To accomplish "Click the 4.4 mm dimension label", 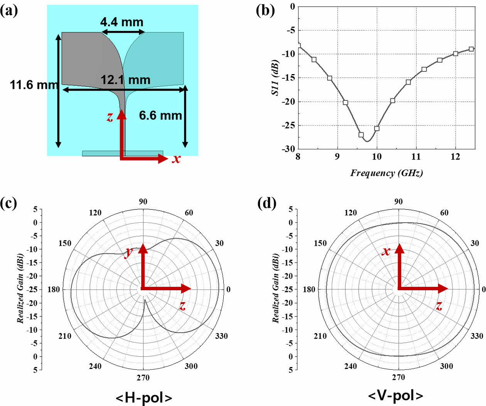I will (x=121, y=22).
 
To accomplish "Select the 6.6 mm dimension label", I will (x=160, y=115).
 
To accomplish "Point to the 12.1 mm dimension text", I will (x=125, y=80).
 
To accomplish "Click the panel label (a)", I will (x=9, y=10).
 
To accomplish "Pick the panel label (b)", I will (x=265, y=10).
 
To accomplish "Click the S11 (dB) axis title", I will (x=275, y=78).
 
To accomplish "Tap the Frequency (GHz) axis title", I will (x=386, y=173).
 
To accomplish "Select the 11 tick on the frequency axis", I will (x=416, y=157).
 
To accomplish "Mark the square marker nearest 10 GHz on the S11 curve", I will (x=377, y=129).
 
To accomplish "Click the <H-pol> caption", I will (x=144, y=398).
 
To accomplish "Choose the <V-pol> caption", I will (x=395, y=396).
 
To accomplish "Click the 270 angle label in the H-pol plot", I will (x=143, y=377).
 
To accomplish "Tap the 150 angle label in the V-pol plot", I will (x=320, y=243).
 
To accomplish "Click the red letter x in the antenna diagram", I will (x=176, y=158).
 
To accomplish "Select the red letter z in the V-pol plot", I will (x=439, y=306).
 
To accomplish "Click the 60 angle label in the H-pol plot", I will (x=189, y=213).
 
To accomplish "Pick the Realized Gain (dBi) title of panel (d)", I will (x=275, y=288).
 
